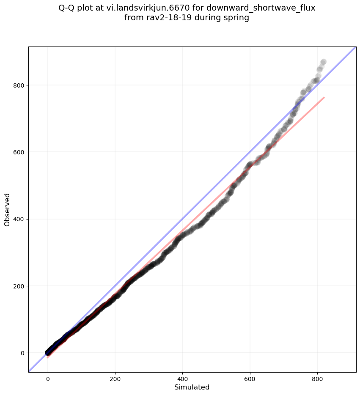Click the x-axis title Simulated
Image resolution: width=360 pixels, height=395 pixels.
pos(192,387)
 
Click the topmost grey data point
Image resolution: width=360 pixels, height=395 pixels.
pos(323,62)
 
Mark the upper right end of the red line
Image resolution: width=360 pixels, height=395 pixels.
pos(324,98)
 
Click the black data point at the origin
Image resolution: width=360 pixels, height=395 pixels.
pos(48,353)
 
